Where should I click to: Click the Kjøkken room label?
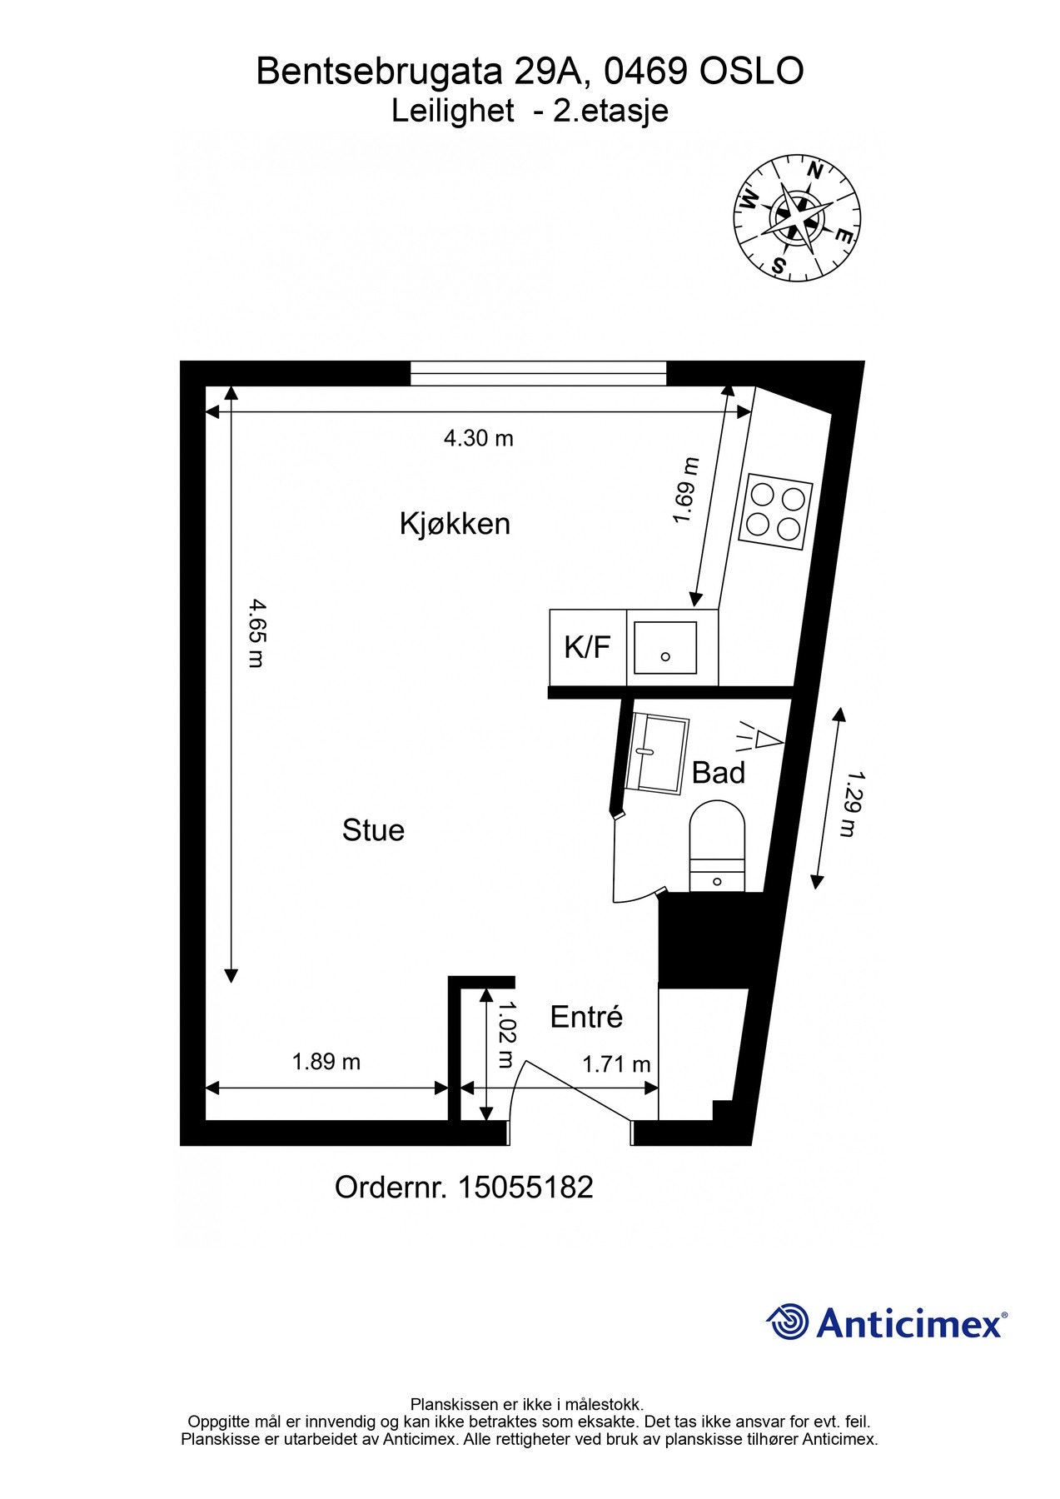(455, 524)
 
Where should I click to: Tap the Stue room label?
(373, 830)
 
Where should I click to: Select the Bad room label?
(718, 773)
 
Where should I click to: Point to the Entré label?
(586, 1017)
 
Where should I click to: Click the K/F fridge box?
(588, 647)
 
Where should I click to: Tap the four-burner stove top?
(776, 510)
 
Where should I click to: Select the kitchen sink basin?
(664, 647)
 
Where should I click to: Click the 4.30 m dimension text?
(478, 438)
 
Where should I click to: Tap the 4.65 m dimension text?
(256, 633)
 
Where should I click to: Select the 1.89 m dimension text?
(326, 1062)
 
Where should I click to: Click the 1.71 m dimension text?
(616, 1064)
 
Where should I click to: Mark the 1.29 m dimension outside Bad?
(848, 804)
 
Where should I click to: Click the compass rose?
(796, 217)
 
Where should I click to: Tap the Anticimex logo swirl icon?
(788, 1322)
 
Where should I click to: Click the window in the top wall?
(539, 373)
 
